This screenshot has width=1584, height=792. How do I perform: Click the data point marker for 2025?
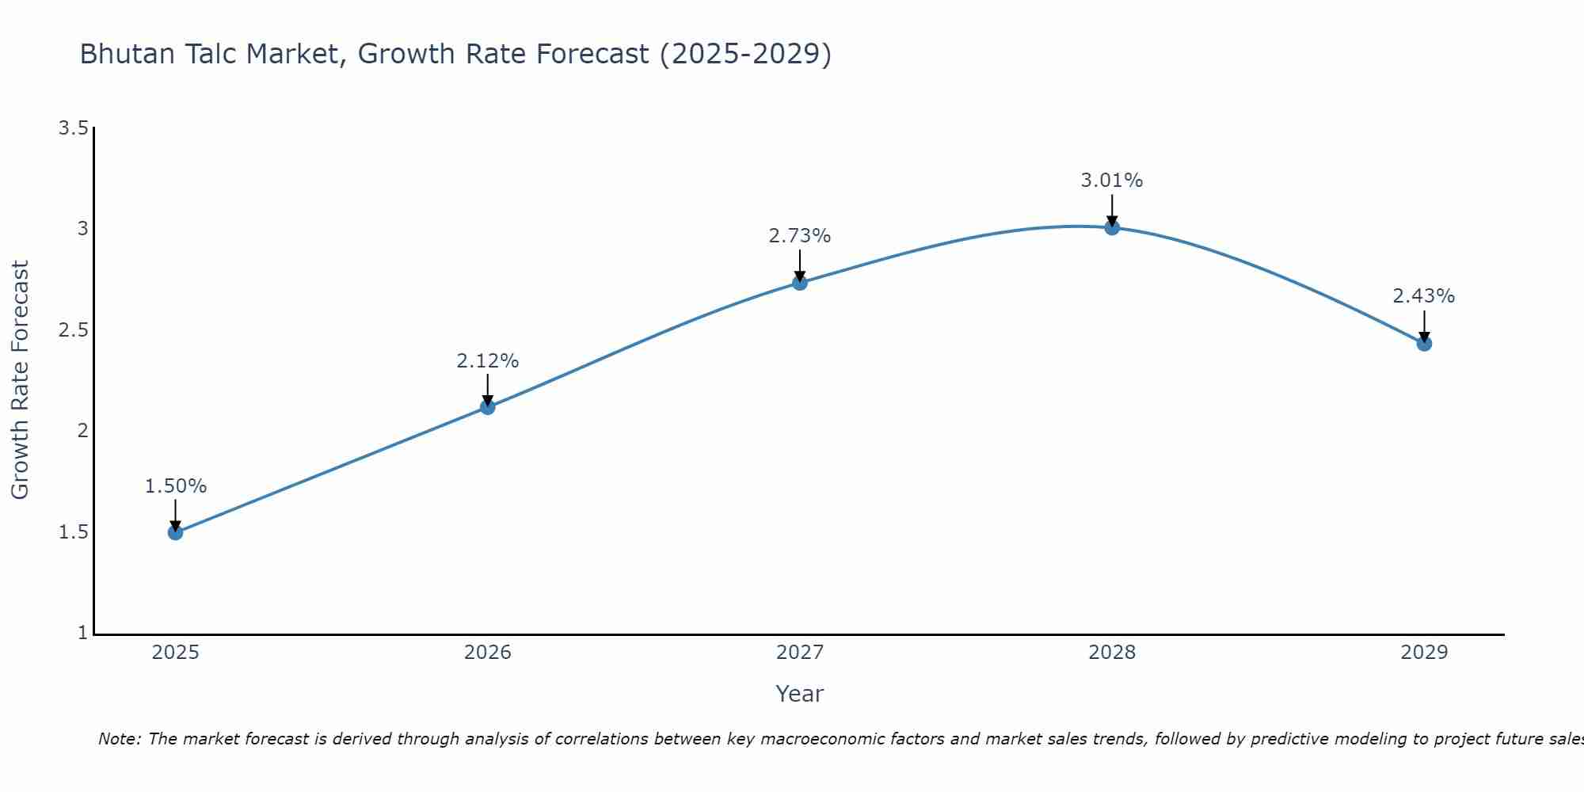coord(176,532)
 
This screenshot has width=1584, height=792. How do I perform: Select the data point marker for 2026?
coord(488,407)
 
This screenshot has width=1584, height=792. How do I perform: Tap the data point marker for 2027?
coord(800,283)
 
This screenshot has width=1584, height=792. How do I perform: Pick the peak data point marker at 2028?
coord(1112,227)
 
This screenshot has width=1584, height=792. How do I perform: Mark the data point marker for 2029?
coord(1424,344)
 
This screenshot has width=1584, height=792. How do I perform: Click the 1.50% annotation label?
coord(176,486)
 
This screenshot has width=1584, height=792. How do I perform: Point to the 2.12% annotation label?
coord(488,361)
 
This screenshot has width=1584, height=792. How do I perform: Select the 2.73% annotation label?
coord(800,236)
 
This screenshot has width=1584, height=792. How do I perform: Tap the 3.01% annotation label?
coord(1112,181)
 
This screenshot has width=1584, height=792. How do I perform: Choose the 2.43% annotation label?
coord(1424,296)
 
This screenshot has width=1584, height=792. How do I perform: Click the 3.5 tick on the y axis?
coord(73,128)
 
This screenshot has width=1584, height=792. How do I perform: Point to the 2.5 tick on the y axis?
coord(73,330)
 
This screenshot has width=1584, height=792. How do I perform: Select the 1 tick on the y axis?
coord(82,633)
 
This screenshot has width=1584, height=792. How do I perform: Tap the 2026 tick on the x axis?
coord(488,653)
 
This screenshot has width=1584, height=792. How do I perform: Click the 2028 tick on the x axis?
coord(1112,653)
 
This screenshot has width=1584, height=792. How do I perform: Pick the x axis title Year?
coord(800,694)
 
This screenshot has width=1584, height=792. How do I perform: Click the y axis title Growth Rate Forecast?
coord(20,380)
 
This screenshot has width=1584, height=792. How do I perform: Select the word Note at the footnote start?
coord(119,739)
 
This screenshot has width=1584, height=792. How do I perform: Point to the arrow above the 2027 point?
coord(800,265)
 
